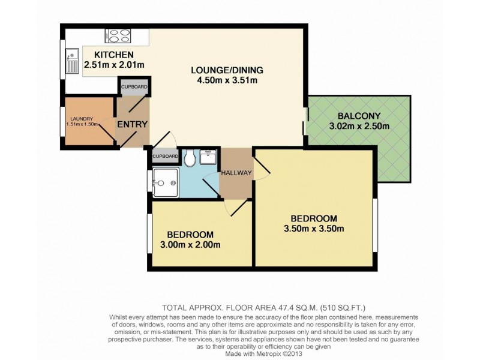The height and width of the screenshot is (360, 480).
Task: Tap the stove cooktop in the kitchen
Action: coord(118,35)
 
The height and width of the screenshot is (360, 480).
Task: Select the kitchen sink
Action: coord(72,59)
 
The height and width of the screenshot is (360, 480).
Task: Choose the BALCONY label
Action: coord(359,116)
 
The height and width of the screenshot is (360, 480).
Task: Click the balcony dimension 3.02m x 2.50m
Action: coord(359,127)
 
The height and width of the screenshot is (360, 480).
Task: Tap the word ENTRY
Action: coord(132,124)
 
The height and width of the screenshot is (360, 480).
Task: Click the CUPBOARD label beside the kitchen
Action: coord(134,87)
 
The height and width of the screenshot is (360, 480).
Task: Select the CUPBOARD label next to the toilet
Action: coord(164,157)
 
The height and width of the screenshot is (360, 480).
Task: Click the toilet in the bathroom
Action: coord(190,158)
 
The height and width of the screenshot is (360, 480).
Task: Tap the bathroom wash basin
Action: coord(208,157)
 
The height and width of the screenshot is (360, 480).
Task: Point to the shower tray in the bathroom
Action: coord(165,182)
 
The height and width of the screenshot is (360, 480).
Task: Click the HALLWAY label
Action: coord(236,173)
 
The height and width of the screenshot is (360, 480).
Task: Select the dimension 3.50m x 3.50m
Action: coord(314,229)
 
